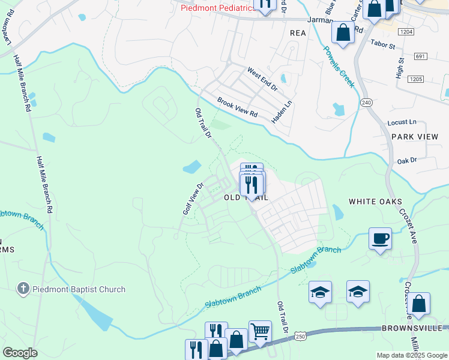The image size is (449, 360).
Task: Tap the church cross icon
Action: click(23, 289)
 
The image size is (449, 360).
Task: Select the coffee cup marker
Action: click(379, 239)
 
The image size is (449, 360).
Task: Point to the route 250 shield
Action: click(302, 337)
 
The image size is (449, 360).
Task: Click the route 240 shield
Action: click(366, 103)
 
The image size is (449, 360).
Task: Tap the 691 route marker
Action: click(420, 56)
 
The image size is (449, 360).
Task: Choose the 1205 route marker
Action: click(415, 79)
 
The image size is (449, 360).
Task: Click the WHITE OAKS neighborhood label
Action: click(375, 202)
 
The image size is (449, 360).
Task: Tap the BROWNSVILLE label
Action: click(412, 328)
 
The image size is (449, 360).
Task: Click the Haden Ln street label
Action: click(281, 112)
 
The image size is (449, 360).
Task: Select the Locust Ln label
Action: click(402, 122)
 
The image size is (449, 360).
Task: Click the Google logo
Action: click(20, 353)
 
